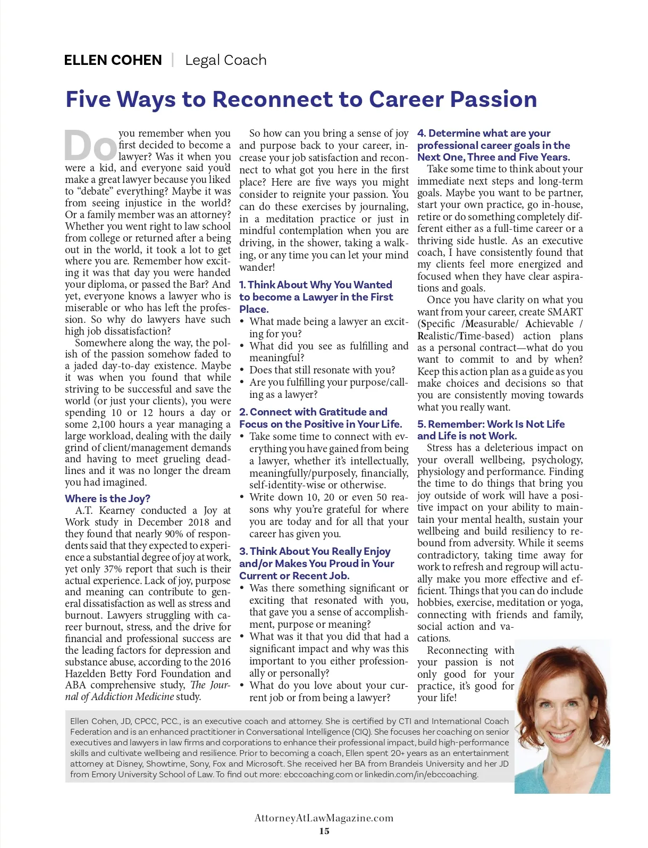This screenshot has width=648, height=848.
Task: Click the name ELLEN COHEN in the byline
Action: click(x=113, y=60)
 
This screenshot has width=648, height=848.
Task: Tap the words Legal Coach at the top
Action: click(x=225, y=60)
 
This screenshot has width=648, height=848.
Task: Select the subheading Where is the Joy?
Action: click(x=107, y=498)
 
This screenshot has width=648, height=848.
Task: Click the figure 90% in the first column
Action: click(x=184, y=534)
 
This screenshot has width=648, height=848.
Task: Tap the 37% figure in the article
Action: click(x=112, y=569)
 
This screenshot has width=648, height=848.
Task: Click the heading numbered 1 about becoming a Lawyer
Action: click(x=316, y=297)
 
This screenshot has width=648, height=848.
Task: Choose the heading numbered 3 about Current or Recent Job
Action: click(x=317, y=563)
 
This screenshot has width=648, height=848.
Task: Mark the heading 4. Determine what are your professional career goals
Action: click(x=493, y=145)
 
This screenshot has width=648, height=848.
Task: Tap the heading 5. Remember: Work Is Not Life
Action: click(x=491, y=430)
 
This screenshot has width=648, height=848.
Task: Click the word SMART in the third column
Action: click(x=565, y=312)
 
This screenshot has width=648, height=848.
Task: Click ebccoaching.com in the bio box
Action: click(x=317, y=774)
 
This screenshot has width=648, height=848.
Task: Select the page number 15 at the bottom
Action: click(x=324, y=831)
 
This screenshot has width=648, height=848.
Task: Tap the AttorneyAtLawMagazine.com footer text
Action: click(x=324, y=818)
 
